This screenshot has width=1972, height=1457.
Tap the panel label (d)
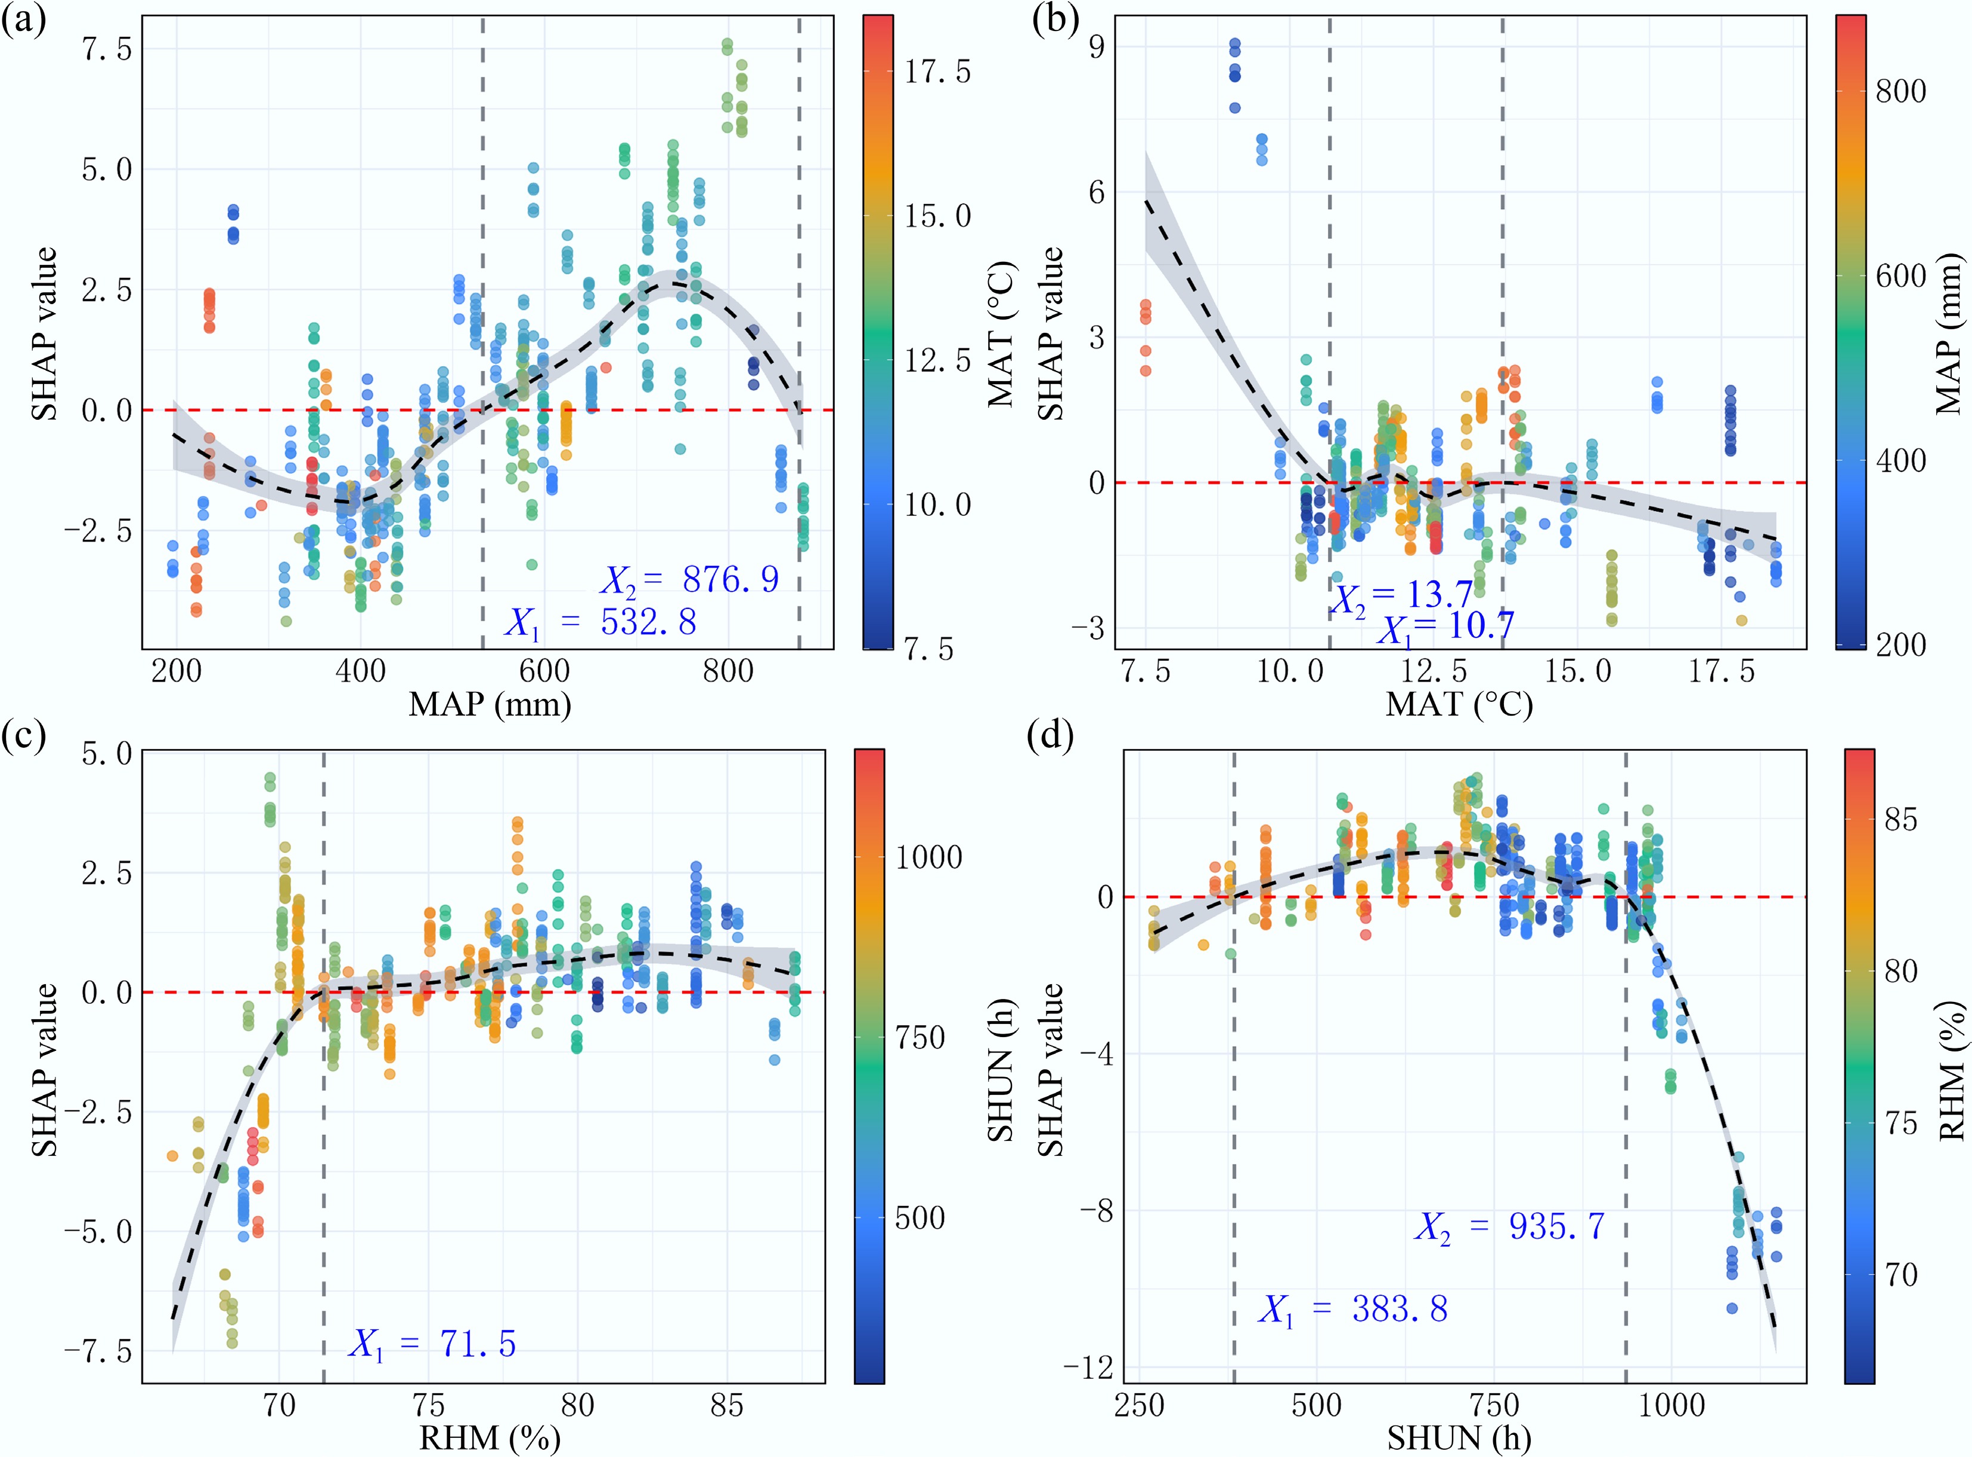click(x=1050, y=735)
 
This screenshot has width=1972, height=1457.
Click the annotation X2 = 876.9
click(x=690, y=580)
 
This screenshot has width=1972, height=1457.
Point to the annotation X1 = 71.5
click(x=433, y=1344)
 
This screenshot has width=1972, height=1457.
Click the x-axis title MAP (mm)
click(x=490, y=704)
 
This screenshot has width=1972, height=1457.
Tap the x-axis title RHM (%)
click(x=490, y=1439)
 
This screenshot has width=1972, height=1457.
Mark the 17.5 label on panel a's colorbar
click(x=937, y=72)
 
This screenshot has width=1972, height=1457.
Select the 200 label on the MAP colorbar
click(x=1900, y=645)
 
